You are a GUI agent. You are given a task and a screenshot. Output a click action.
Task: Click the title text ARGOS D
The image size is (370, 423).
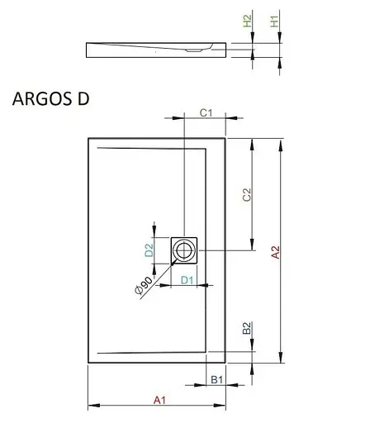pos(50,98)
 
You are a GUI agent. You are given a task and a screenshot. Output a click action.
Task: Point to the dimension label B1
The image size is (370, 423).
pos(216,379)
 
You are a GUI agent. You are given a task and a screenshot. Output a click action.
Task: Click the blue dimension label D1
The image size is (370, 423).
pos(187,280)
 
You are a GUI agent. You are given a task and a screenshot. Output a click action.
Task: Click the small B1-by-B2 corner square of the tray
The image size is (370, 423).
pos(216,357)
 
